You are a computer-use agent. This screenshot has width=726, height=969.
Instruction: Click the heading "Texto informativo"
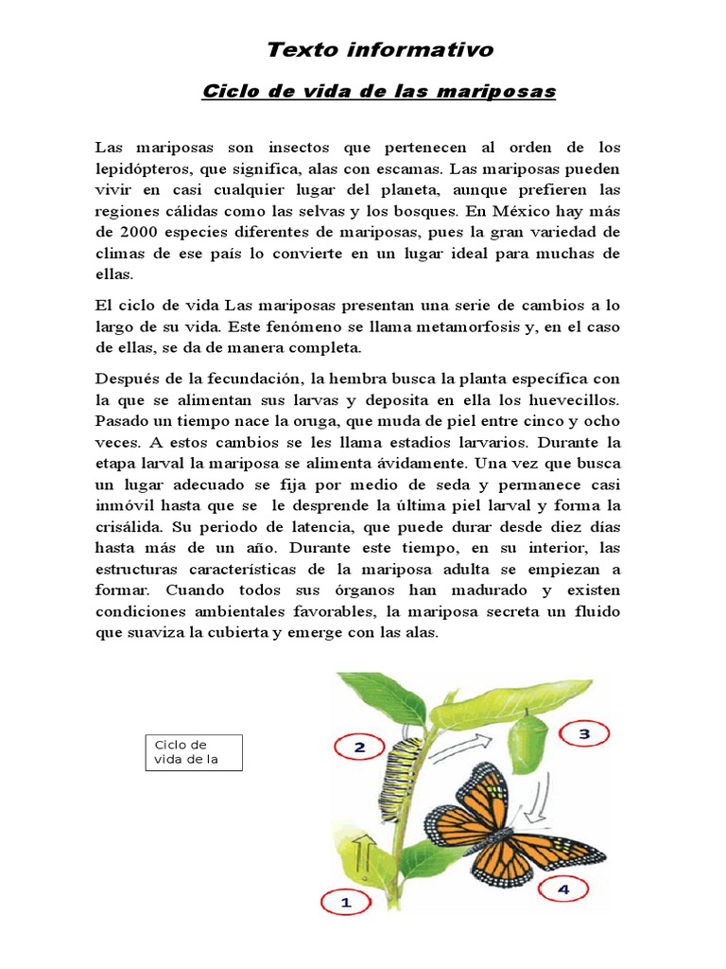(380, 49)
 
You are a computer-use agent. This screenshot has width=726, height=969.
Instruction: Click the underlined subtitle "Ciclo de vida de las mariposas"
(380, 92)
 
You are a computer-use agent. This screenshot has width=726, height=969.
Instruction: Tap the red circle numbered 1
(345, 902)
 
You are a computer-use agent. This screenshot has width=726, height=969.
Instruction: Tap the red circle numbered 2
(359, 747)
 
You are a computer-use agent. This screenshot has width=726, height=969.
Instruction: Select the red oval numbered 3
(583, 733)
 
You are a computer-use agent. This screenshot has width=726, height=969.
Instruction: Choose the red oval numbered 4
(563, 889)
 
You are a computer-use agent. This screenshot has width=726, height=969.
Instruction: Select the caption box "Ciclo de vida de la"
(194, 752)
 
